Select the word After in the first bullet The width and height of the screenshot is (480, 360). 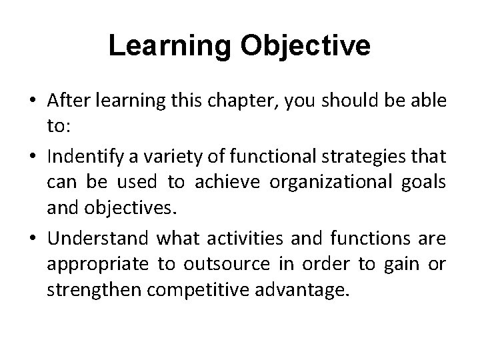coord(69,100)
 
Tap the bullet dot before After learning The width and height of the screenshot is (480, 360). coord(32,101)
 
